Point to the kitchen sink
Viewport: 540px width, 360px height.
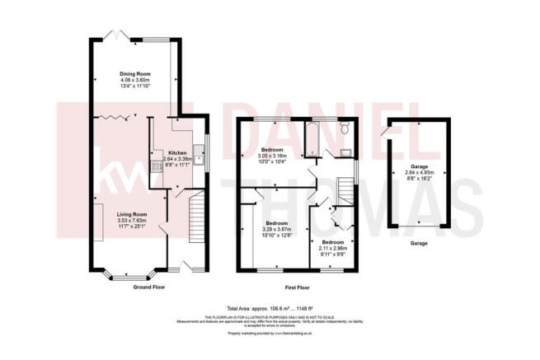click(x=199, y=152)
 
